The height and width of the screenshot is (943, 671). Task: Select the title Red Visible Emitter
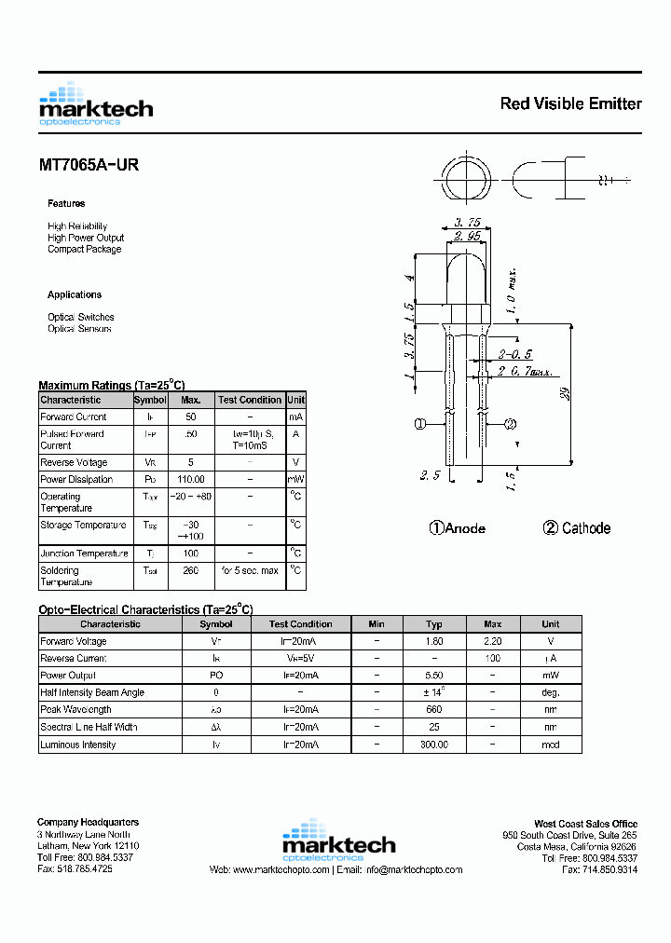pos(570,103)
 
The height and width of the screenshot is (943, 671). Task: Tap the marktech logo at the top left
pos(95,103)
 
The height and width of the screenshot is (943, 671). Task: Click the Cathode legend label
pos(577,528)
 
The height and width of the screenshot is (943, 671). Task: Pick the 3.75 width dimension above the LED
pos(467,223)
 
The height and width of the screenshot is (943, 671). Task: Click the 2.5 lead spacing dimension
pos(430,475)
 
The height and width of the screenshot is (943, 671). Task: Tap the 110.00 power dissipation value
pos(191,480)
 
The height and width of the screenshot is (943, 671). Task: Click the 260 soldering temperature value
pos(191,570)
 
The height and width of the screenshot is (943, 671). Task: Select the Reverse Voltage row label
pos(74,463)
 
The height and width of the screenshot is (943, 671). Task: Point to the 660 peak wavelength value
pos(434,710)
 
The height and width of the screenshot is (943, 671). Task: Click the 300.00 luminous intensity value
pos(434,745)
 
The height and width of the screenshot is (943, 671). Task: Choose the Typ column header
pos(434,624)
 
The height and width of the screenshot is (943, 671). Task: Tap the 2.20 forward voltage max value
pos(493,641)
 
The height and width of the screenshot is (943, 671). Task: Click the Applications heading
pos(75,294)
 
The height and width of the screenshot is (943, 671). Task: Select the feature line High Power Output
pos(86,238)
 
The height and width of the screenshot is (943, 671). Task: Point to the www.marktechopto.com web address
pos(281,869)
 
